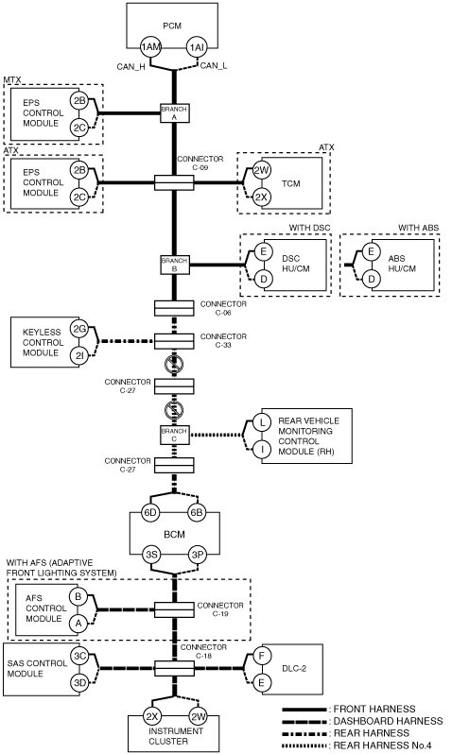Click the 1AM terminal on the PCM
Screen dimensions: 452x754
point(151,47)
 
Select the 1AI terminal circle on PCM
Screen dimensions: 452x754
point(197,47)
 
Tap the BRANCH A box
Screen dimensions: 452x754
point(174,113)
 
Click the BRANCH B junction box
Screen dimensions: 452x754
point(174,265)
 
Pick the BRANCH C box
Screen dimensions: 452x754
point(174,435)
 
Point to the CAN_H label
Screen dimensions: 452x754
point(130,67)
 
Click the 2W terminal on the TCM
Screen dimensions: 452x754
point(262,170)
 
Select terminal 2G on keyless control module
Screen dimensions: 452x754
point(79,330)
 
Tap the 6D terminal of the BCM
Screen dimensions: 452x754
point(150,513)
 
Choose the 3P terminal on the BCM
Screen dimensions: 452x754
point(198,555)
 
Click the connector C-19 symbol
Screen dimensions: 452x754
point(174,609)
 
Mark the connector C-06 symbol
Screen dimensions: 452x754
point(174,308)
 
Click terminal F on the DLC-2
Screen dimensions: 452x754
point(262,656)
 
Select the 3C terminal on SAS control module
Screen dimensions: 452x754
point(79,656)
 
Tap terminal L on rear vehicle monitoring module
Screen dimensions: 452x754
point(262,422)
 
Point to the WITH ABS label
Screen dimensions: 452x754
point(418,228)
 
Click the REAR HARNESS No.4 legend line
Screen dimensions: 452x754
point(304,745)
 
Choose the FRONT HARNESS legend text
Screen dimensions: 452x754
point(374,709)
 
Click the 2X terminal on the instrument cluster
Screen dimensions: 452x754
point(151,716)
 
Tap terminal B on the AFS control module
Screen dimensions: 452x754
point(78,597)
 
